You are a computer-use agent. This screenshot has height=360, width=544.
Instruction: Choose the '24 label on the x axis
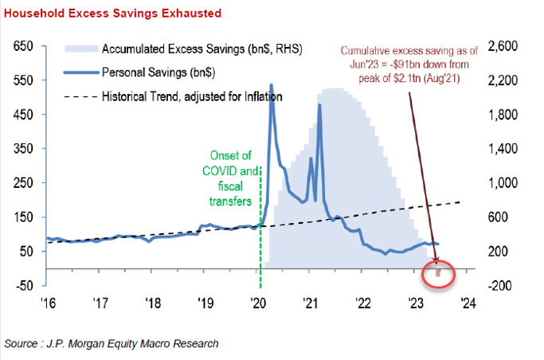pos(468,303)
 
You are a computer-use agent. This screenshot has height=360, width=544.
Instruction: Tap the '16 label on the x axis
pos(51,303)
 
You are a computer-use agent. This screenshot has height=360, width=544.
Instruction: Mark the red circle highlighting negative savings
pos(437,274)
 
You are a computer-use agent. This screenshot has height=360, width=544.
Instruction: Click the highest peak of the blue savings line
pos(272,84)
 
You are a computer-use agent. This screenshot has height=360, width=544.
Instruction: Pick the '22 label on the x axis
pos(364,303)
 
